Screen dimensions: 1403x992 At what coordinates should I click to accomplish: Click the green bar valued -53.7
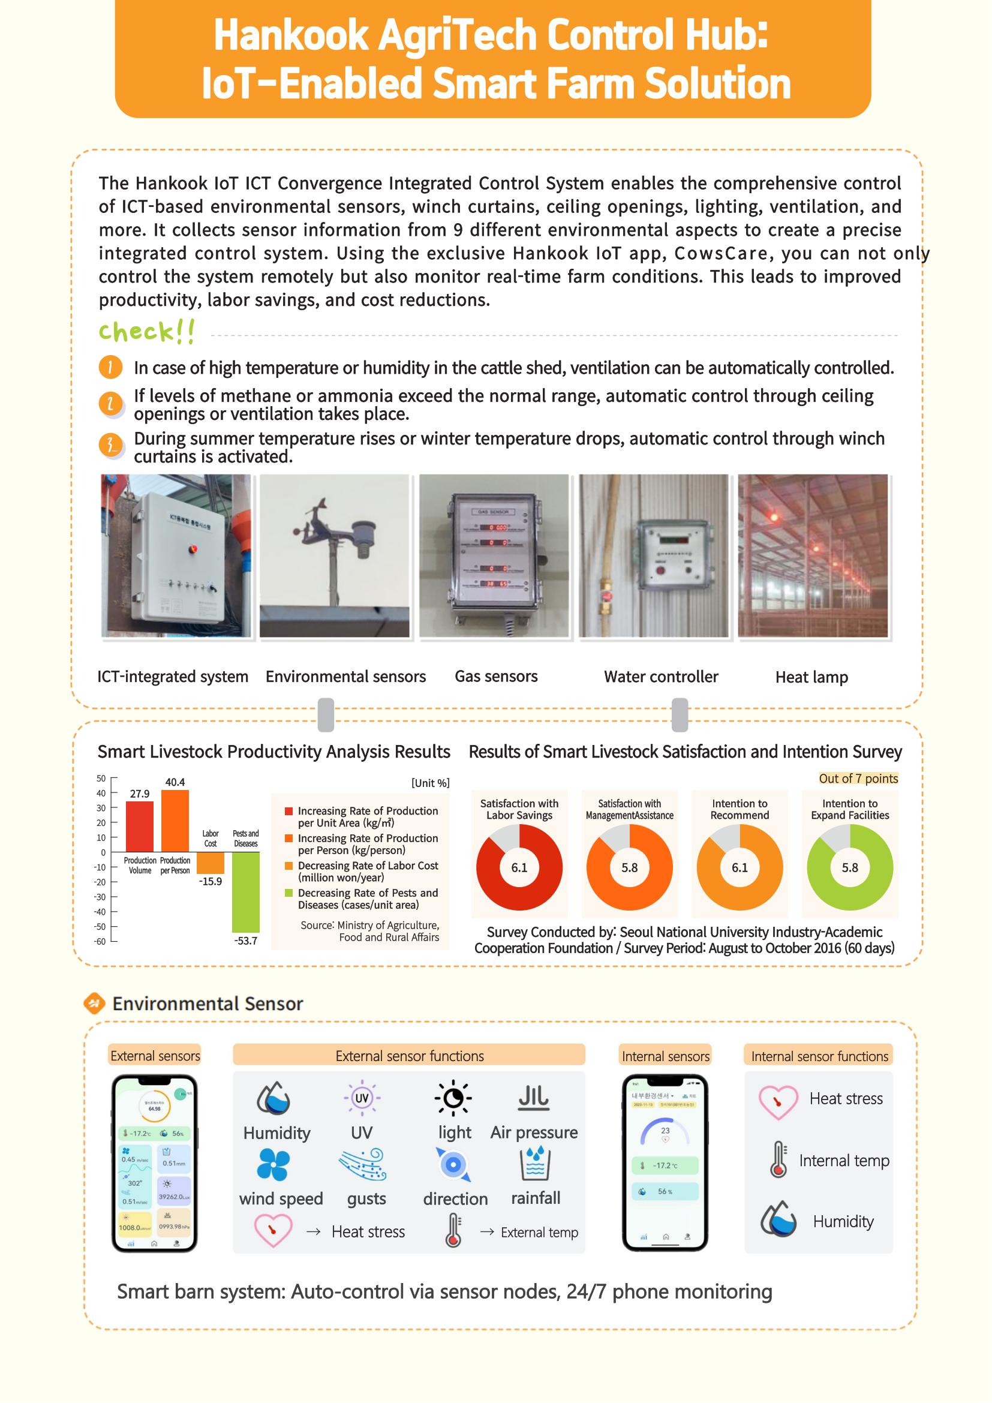point(245,891)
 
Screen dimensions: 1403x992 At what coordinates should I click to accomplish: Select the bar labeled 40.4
point(175,821)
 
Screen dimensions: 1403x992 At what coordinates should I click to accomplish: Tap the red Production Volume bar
point(140,826)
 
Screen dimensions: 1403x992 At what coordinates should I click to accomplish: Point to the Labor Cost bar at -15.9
point(210,863)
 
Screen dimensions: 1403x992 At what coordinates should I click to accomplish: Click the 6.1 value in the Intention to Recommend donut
point(739,868)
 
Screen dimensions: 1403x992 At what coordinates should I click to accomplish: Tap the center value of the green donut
point(850,868)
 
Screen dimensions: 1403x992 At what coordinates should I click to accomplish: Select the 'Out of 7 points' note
point(858,779)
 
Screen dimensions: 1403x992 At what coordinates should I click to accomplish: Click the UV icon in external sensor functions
point(362,1098)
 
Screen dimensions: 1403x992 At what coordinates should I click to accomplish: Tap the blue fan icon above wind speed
point(272,1164)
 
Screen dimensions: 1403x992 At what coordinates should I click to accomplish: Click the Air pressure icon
point(534,1098)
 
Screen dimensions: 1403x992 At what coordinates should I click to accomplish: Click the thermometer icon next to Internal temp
point(778,1159)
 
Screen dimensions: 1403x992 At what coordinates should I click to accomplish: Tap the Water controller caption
point(661,677)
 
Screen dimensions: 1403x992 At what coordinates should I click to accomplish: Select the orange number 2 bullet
point(110,404)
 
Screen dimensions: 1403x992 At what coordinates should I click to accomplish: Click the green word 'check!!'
point(147,332)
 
